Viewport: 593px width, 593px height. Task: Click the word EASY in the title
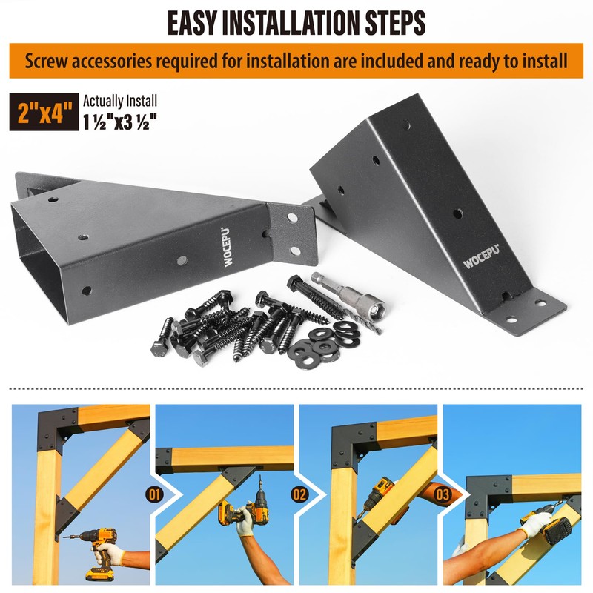pyautogui.click(x=192, y=23)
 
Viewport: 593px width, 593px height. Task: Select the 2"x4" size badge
pyautogui.click(x=44, y=112)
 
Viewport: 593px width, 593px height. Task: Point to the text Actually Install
pyautogui.click(x=120, y=101)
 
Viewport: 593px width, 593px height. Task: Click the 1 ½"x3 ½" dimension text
pyautogui.click(x=120, y=122)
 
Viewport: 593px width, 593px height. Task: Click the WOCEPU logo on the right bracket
pyautogui.click(x=481, y=256)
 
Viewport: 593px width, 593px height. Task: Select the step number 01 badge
pyautogui.click(x=154, y=494)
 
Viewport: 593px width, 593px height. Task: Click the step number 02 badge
pyautogui.click(x=299, y=494)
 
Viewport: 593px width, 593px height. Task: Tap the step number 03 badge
pyautogui.click(x=443, y=494)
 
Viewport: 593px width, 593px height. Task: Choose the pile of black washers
pyautogui.click(x=324, y=344)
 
